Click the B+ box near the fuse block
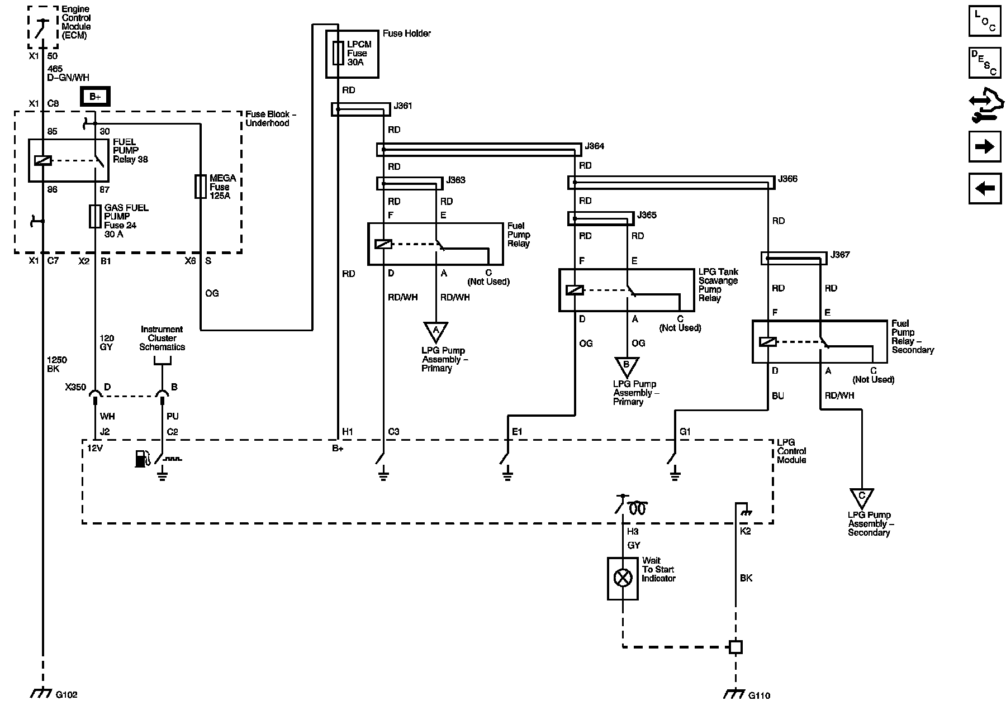pos(96,97)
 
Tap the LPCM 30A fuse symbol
pos(338,53)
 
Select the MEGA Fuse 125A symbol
pos(200,187)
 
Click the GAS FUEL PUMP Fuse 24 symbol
pos(95,216)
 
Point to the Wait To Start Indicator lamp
pos(623,578)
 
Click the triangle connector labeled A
pos(436,331)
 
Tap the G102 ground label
pos(67,695)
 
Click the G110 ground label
pos(759,695)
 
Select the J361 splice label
pos(403,106)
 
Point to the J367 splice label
pos(840,255)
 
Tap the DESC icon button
pos(985,63)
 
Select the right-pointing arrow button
pos(985,146)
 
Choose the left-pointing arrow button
pos(985,188)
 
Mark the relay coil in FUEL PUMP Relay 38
pos(43,161)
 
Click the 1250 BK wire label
pos(53,365)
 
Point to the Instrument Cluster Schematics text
pos(162,338)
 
